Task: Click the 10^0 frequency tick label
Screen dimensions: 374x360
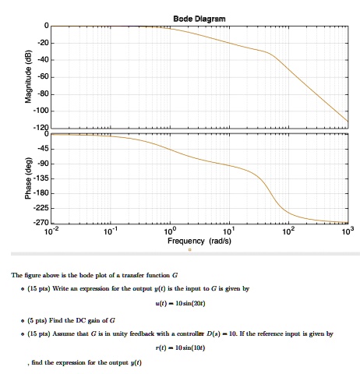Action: coord(170,231)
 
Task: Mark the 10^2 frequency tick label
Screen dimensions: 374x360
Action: coord(288,231)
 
